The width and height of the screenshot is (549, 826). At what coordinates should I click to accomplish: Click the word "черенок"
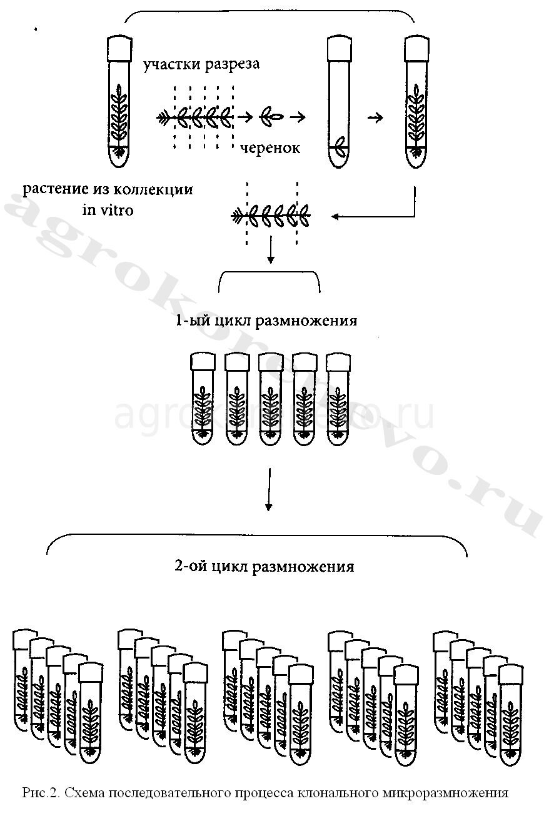269,147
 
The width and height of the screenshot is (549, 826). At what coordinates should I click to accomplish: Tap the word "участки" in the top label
171,64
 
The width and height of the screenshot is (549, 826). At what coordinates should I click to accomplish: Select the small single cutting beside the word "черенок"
273,117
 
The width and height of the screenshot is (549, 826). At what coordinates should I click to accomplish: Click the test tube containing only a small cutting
338,103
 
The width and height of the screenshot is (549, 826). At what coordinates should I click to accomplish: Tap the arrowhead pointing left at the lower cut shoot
336,217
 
